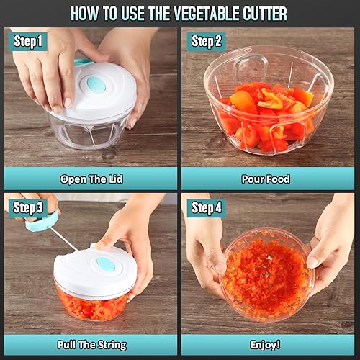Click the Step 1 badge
29,41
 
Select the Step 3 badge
29,209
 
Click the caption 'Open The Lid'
90,179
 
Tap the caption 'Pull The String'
90,345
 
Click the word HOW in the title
84,14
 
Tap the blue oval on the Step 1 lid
93,84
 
